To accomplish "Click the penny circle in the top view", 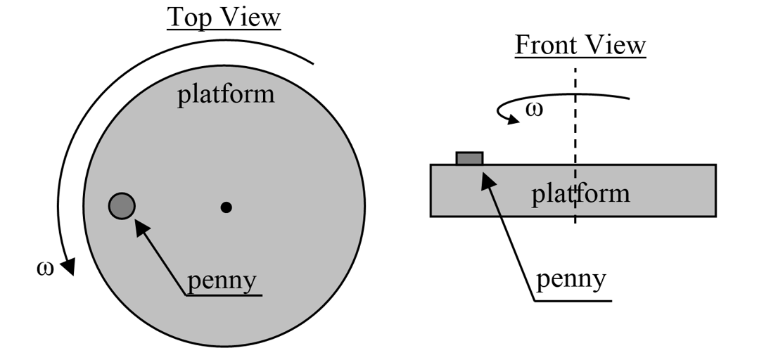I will tap(122, 206).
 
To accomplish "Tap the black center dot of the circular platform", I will tap(226, 207).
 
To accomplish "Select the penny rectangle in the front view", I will tap(469, 158).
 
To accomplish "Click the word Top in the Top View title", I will tap(191, 18).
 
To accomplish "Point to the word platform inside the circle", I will tap(225, 94).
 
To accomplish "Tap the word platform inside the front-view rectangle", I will tap(580, 192).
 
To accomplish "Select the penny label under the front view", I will tap(571, 279).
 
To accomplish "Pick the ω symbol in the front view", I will tap(535, 110).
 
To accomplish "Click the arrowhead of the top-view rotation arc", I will tap(68, 267).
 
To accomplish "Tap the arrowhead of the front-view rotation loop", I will tap(515, 118).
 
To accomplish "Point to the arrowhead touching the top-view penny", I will tap(139, 226).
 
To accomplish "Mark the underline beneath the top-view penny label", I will tap(224, 295).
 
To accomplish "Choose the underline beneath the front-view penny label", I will tap(573, 301).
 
